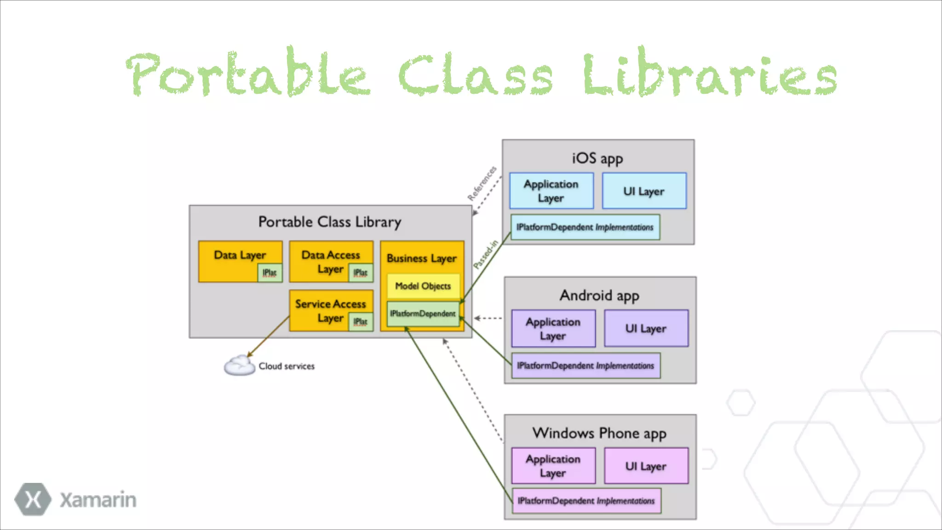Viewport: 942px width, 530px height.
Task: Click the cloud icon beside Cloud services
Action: [239, 366]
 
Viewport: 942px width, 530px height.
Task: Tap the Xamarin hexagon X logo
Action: [33, 499]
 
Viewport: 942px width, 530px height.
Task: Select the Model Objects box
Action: [423, 286]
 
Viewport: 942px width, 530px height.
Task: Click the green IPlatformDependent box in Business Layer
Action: [423, 314]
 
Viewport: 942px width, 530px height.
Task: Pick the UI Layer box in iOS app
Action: [644, 191]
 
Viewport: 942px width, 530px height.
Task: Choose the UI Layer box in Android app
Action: [646, 328]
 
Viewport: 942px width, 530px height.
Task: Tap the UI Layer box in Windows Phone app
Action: [646, 466]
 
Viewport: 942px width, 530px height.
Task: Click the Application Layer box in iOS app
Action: [551, 191]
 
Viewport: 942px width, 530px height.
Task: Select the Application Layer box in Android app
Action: [553, 328]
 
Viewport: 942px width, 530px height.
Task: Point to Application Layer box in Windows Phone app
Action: [553, 466]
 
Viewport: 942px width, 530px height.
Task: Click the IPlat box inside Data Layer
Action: [270, 273]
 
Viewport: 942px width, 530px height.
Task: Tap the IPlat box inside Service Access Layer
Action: [361, 322]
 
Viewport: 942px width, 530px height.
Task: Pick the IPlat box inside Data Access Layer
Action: [361, 273]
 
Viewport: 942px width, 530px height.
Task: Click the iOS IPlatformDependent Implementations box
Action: [585, 227]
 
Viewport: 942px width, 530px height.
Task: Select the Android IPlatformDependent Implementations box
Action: [586, 366]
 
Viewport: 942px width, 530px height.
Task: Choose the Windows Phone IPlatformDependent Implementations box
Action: [586, 501]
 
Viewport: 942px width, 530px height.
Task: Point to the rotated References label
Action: [482, 184]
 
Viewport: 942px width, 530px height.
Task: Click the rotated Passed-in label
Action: [486, 254]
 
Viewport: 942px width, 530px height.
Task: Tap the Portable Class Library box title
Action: [329, 222]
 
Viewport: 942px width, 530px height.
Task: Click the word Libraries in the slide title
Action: [710, 74]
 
